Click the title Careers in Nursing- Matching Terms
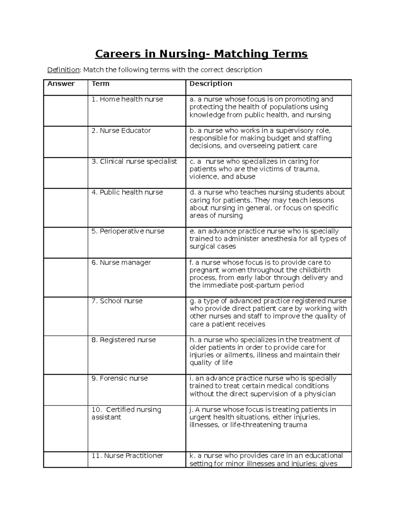[x=201, y=54]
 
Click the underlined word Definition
[x=63, y=70]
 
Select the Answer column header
[x=61, y=84]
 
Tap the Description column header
[x=211, y=84]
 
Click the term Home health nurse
[x=127, y=99]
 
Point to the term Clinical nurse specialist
[x=134, y=162]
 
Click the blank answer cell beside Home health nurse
[x=66, y=111]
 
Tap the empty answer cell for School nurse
[x=66, y=316]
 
